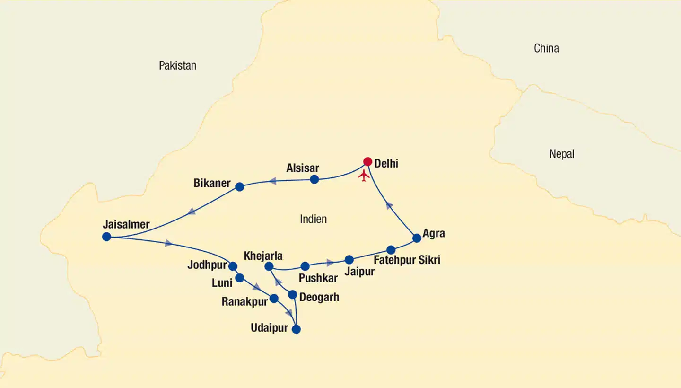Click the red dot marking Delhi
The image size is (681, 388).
[367, 162]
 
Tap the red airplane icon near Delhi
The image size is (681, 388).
[364, 176]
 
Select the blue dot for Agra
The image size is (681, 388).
[417, 238]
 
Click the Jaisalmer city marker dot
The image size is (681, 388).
[106, 237]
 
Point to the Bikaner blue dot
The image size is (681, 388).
[240, 187]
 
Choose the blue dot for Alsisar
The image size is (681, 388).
[314, 179]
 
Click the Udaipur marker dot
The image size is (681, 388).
[297, 330]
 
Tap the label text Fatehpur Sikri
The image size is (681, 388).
[407, 260]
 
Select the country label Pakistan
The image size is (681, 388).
[177, 66]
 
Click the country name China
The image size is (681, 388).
[546, 48]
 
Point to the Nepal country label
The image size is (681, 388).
[562, 154]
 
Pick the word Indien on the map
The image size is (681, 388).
[313, 219]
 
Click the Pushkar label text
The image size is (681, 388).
[318, 278]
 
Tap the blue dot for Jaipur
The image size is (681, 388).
[349, 260]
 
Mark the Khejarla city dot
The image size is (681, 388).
[269, 266]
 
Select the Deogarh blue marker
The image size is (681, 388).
[293, 295]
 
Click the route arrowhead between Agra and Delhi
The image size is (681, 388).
[389, 205]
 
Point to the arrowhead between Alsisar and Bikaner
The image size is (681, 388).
[272, 181]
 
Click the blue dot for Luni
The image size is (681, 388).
[240, 278]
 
